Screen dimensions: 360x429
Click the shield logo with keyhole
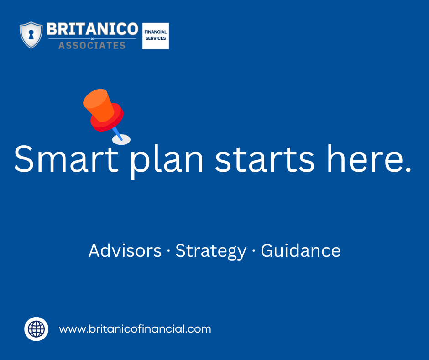point(31,35)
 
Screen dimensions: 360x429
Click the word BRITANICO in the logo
point(92,30)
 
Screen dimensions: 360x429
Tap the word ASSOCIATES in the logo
point(92,45)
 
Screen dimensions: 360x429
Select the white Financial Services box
point(156,36)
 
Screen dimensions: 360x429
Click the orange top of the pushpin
point(98,103)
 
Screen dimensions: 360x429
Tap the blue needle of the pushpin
point(117,133)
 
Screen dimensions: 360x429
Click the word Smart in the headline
point(60,159)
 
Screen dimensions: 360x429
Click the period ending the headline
point(408,170)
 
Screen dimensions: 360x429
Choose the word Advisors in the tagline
point(125,251)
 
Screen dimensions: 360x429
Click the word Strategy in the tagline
point(211,252)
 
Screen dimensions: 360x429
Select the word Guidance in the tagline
point(300,251)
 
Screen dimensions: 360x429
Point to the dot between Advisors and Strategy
point(168,252)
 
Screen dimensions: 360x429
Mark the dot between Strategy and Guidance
point(253,252)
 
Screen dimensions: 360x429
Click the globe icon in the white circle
point(36,329)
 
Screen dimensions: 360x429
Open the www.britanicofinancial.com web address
point(135,329)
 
